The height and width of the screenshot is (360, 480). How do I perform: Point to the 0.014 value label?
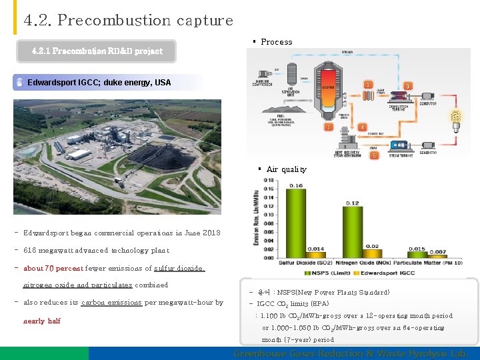coord(316,249)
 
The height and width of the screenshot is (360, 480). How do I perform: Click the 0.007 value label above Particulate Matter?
coord(437,251)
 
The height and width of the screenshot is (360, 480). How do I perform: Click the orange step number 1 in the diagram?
coord(328,127)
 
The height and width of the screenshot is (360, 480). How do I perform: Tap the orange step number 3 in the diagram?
coord(408,86)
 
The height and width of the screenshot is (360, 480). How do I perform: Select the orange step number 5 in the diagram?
coord(374,155)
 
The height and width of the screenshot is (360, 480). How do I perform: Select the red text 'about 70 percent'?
coord(53,269)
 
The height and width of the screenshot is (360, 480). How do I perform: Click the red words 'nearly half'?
coord(41,321)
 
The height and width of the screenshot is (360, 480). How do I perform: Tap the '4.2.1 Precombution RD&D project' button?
coord(97,51)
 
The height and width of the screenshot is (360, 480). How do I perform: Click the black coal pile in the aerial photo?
coord(160,157)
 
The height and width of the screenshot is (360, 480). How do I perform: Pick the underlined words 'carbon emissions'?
coord(111,303)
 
